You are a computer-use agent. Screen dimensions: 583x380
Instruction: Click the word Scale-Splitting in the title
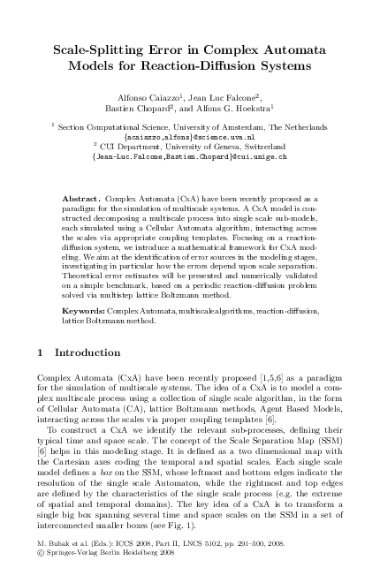click(100, 49)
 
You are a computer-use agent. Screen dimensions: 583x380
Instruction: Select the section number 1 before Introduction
click(42, 378)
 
